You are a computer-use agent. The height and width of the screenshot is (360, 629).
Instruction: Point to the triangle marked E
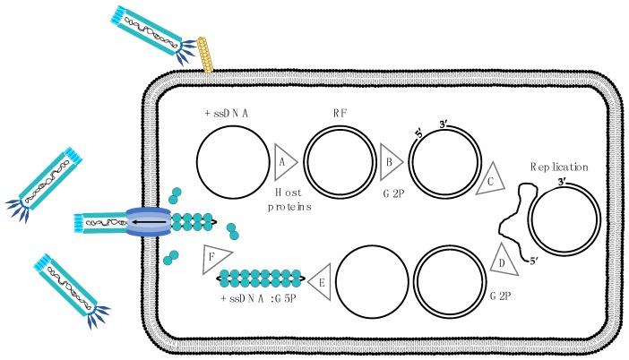coord(320,281)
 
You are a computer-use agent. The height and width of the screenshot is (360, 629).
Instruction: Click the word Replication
coord(561,167)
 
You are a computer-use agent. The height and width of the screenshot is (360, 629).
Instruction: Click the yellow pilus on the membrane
coord(204,56)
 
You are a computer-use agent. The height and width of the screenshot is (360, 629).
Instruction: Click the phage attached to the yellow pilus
coord(152,27)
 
